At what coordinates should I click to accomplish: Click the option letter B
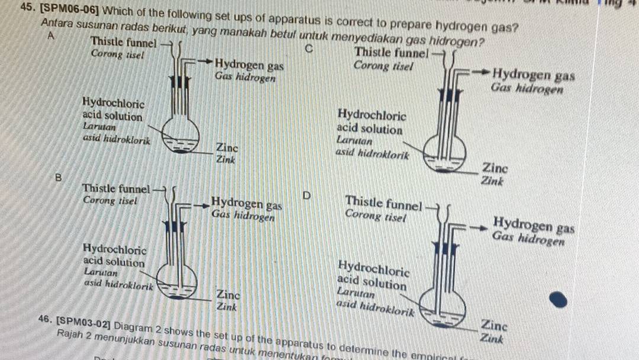tap(57, 176)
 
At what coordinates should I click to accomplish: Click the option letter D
tap(306, 195)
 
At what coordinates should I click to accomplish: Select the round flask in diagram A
tap(181, 136)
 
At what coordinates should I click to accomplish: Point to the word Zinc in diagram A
tap(227, 147)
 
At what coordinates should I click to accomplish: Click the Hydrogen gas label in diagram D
tap(534, 225)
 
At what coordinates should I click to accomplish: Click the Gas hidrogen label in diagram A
tap(245, 76)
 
